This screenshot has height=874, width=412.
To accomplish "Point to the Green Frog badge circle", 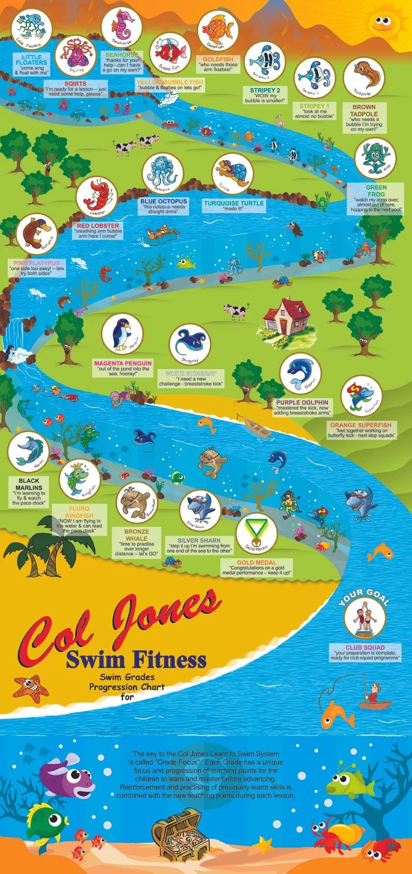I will point(375,158).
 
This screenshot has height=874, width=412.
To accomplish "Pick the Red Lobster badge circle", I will point(97,198).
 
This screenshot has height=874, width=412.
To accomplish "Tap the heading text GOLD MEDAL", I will point(257,563).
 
